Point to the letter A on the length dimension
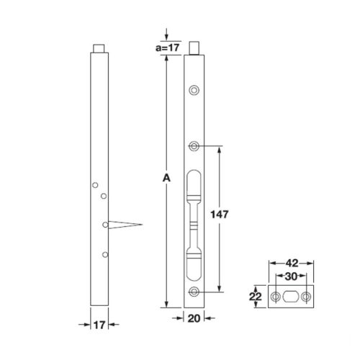166,177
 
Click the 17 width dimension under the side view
99,325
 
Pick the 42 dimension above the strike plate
292,264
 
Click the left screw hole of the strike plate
276,297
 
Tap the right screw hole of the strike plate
307,297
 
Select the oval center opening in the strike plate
292,297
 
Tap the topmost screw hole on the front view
194,90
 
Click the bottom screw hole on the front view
194,292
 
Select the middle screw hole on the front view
194,147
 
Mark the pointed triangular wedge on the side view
125,225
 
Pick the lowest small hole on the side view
105,254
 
